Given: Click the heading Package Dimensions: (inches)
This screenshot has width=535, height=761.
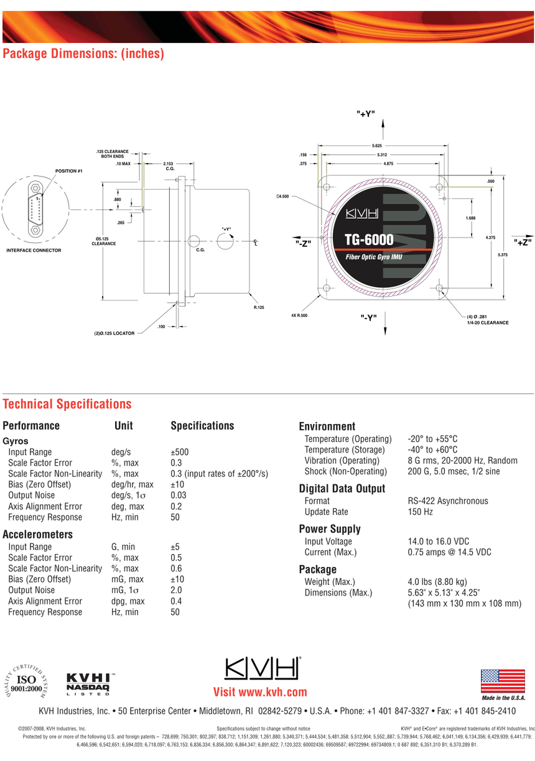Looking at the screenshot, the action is [x=83, y=53].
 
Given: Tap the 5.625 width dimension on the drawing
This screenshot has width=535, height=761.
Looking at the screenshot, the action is [x=376, y=145].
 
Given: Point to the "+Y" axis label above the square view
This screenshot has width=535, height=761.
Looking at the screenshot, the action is [x=366, y=114].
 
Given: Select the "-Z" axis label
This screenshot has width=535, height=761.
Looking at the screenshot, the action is [x=303, y=243].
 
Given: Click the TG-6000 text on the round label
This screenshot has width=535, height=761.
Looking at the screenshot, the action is [x=369, y=239].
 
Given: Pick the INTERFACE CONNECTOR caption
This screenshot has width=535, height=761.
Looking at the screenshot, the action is [x=34, y=251].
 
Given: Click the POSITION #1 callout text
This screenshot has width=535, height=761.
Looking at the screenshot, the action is [x=68, y=171].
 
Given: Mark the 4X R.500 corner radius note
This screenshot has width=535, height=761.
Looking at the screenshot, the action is [x=299, y=316].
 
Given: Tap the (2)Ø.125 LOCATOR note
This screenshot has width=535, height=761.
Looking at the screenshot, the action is [x=114, y=333].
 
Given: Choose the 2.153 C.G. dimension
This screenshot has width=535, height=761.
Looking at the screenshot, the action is [x=168, y=166].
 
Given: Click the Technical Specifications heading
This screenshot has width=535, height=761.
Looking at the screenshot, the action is [x=67, y=404].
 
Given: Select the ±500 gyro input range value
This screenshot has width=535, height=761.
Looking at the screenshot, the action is [x=179, y=452].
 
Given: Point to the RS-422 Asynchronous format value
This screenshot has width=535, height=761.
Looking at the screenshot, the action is [x=448, y=500].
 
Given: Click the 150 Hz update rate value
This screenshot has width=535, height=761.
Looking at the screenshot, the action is [x=420, y=512].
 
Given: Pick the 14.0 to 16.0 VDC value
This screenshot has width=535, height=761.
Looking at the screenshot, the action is [x=438, y=541].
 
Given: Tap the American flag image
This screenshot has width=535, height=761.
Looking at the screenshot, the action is [x=503, y=681].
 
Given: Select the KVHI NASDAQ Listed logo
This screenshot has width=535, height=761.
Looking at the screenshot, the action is [x=89, y=685].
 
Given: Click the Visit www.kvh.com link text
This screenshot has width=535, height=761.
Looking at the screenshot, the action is [x=260, y=692].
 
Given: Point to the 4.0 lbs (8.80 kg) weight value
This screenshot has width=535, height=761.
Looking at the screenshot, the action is [x=437, y=581].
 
